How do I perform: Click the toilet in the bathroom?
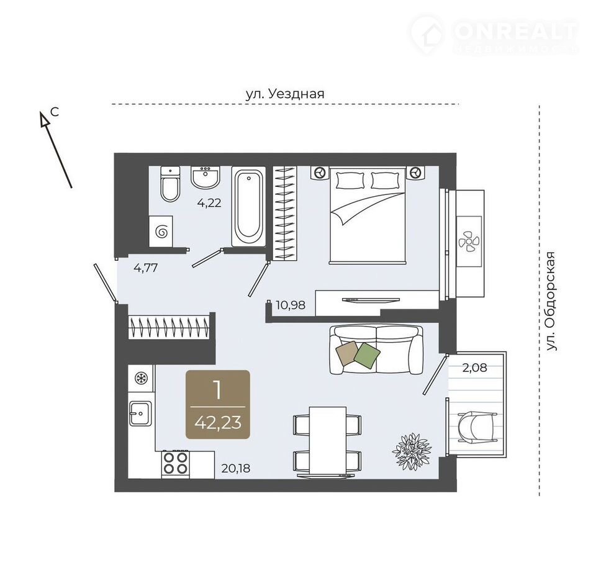pos(170,184)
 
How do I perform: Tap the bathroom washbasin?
pos(205,177)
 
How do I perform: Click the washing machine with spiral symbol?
pos(161,232)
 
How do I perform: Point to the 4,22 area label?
pos(209,203)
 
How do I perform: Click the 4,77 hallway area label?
pos(145,268)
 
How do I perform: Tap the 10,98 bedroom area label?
pos(291,305)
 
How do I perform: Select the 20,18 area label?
pos(236,468)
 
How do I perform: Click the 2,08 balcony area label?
pos(475,368)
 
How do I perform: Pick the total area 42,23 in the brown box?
pos(218,422)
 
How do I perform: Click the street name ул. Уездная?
pos(285,94)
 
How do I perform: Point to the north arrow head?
pos(45,118)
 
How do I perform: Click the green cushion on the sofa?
pos(367,355)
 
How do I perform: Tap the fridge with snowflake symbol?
pos(142,378)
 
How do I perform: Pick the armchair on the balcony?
pos(477,427)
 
